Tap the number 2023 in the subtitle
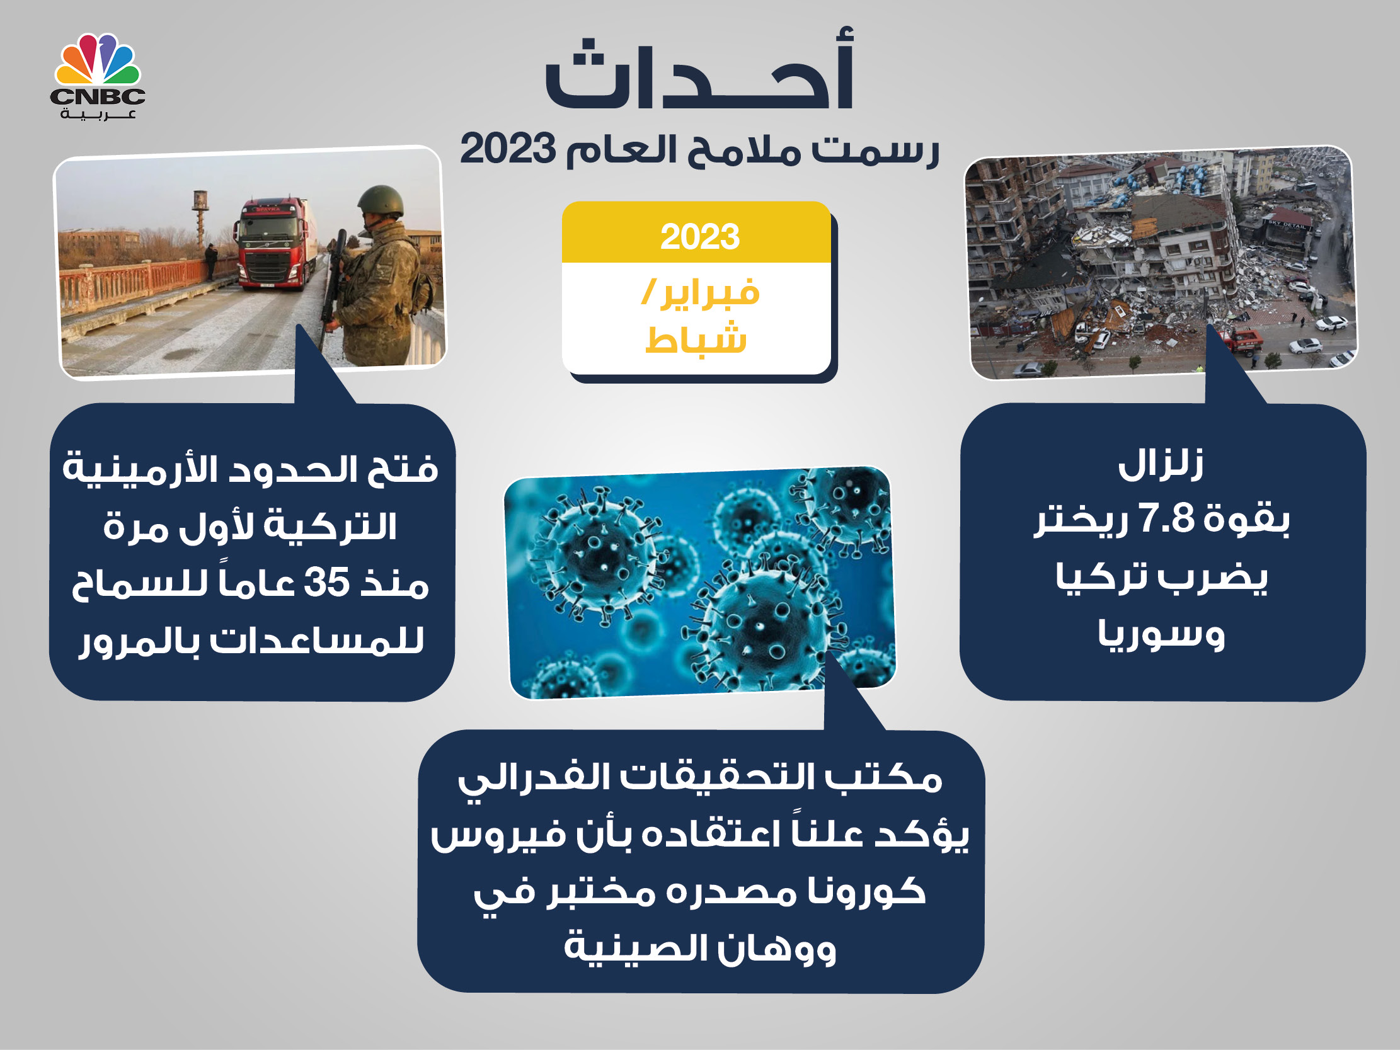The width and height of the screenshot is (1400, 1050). coord(508,149)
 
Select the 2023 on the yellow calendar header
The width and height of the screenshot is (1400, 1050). coord(699,237)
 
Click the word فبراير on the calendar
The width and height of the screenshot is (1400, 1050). coord(709,293)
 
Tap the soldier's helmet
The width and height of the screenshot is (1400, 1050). coord(380,201)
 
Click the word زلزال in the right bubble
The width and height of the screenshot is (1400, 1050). coord(1161,464)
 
